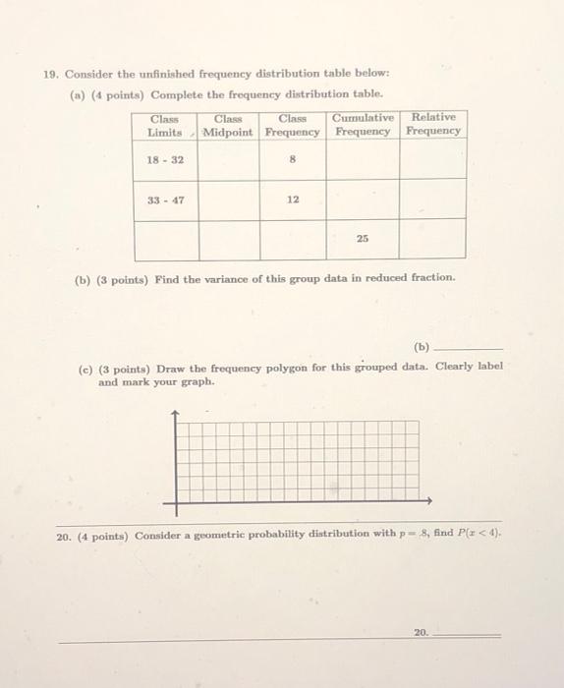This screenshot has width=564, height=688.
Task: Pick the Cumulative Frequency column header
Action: (363, 124)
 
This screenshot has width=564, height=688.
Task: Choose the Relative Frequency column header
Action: (433, 124)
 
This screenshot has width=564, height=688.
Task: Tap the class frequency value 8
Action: (293, 159)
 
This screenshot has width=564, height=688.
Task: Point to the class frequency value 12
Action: (293, 200)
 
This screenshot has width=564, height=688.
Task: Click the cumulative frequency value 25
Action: (363, 239)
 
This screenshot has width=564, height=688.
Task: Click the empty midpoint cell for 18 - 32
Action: (229, 159)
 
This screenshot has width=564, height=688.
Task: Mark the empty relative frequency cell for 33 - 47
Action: (433, 200)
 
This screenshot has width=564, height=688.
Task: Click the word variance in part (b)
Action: (242, 278)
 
